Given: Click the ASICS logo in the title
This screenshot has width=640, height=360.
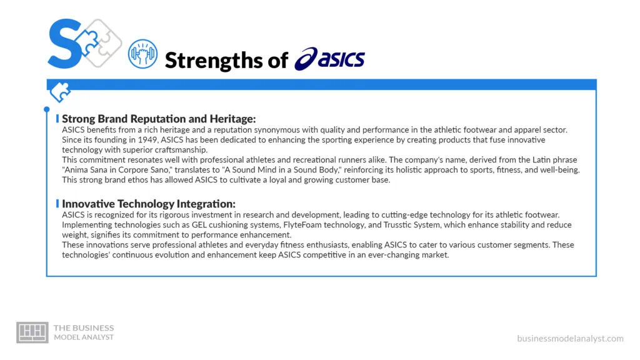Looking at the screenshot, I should pyautogui.click(x=330, y=59).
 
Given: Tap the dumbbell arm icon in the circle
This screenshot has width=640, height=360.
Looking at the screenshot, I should pyautogui.click(x=142, y=54).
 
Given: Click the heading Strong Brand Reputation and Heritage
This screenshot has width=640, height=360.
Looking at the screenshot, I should pyautogui.click(x=159, y=118).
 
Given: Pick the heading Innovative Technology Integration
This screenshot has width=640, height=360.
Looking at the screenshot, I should pyautogui.click(x=149, y=204).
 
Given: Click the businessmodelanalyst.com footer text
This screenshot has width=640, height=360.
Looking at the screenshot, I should pyautogui.click(x=570, y=338).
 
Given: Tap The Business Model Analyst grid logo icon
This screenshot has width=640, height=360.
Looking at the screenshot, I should pyautogui.click(x=32, y=332).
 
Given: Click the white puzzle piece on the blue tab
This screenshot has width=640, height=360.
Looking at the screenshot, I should pyautogui.click(x=61, y=91).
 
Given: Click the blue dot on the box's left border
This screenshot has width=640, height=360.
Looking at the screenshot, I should pyautogui.click(x=47, y=109).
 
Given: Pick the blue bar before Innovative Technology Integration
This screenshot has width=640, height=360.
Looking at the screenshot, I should pyautogui.click(x=57, y=204).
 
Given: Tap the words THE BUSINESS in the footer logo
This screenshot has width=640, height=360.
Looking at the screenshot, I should pyautogui.click(x=84, y=327).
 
